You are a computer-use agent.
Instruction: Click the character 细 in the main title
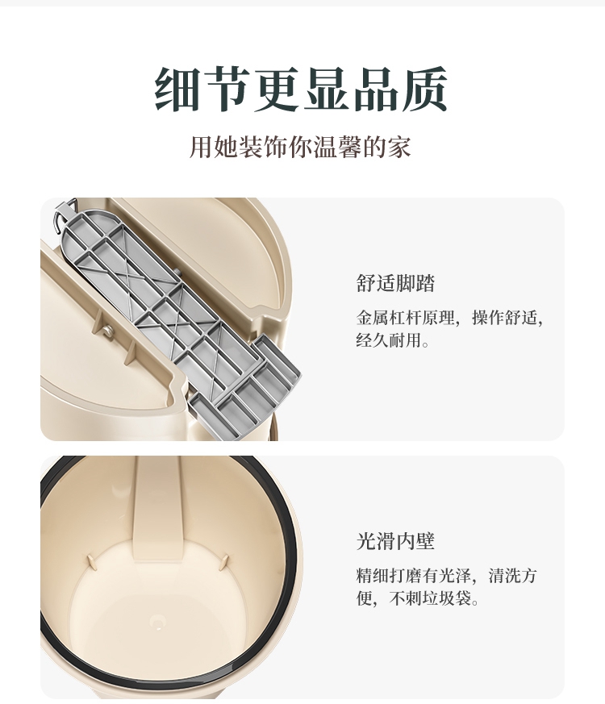(177, 89)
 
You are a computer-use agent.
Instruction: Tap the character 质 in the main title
(424, 89)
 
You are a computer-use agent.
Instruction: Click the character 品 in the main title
(375, 89)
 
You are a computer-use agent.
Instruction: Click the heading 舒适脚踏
(395, 284)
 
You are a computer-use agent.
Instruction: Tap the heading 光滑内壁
(395, 541)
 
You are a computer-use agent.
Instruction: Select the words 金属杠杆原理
(406, 318)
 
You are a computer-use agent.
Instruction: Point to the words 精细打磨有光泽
(414, 576)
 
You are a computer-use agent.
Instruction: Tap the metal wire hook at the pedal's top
(62, 215)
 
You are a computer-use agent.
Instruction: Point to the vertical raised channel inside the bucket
(157, 508)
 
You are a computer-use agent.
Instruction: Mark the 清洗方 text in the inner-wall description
(513, 576)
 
